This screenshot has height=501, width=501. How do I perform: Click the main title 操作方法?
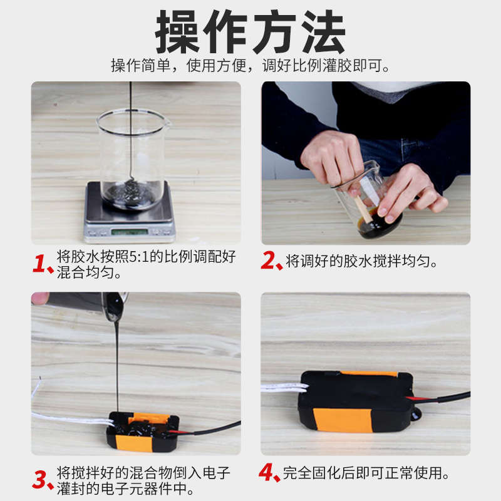(x=250, y=31)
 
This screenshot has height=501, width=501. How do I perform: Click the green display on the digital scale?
(x=129, y=231)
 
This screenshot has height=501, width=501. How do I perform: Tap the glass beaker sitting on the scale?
(x=132, y=159)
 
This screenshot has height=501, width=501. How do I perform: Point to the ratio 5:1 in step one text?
(x=139, y=257)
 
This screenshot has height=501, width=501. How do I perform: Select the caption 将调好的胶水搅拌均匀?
(x=361, y=261)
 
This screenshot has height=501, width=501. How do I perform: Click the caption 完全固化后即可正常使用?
(x=366, y=473)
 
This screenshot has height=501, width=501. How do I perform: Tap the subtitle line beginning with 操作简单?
(x=250, y=66)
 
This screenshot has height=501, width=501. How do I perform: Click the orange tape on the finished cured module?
(x=342, y=420)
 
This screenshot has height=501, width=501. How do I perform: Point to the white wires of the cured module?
(x=284, y=387)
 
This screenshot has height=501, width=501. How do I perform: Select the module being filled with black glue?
(x=143, y=432)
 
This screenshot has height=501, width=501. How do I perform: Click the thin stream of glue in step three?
(x=117, y=368)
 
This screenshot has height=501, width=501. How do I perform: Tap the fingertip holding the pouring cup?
(x=39, y=298)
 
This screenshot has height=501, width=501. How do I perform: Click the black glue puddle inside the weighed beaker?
(x=131, y=194)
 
